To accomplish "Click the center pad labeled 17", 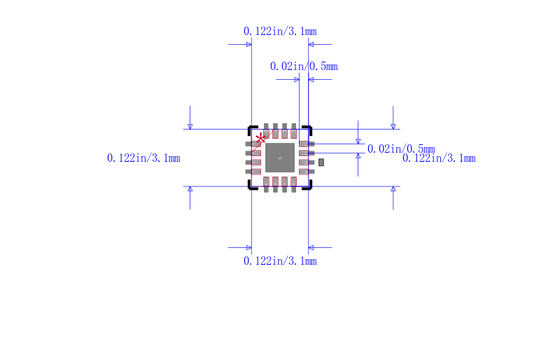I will (x=280, y=158).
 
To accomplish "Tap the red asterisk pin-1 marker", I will (x=261, y=138).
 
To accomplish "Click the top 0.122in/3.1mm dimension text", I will (x=280, y=31).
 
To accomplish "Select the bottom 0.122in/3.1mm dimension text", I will (x=280, y=261).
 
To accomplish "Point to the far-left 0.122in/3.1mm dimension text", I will (x=143, y=158).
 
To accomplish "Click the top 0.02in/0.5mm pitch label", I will (x=304, y=67).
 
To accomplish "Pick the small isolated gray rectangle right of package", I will (x=321, y=162).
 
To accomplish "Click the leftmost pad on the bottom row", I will (x=267, y=184).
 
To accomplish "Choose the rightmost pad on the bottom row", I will (x=294, y=184).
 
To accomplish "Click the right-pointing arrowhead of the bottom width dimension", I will (x=248, y=247).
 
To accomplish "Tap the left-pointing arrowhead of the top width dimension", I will (x=311, y=45).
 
